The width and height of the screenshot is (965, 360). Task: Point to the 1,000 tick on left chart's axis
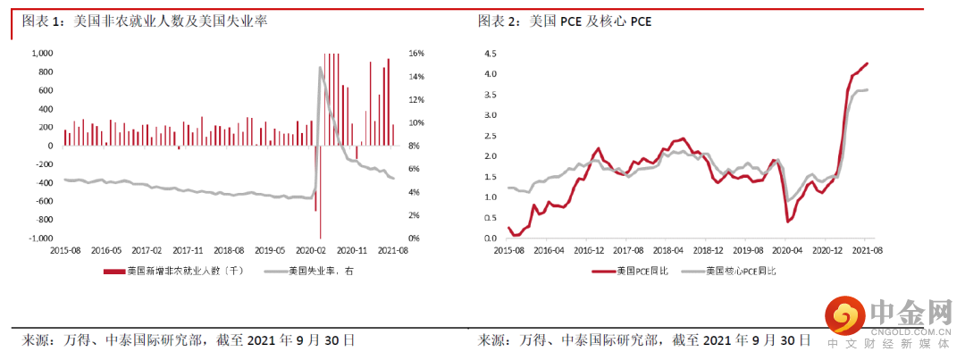coord(41,54)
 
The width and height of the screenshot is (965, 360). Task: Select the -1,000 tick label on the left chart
coord(39,239)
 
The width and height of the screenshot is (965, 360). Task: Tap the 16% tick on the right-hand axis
coord(416,54)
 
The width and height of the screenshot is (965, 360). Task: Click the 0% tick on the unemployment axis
coord(415,239)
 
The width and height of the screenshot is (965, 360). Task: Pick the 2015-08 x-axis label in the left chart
coord(64,251)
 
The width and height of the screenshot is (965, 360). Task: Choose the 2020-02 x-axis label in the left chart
coord(312,251)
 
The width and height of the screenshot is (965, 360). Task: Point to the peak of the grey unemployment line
coord(320,68)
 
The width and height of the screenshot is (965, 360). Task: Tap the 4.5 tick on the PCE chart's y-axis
coord(490,53)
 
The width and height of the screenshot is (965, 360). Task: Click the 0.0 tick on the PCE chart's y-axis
coord(490,239)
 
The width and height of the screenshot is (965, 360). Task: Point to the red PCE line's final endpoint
coord(868,63)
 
